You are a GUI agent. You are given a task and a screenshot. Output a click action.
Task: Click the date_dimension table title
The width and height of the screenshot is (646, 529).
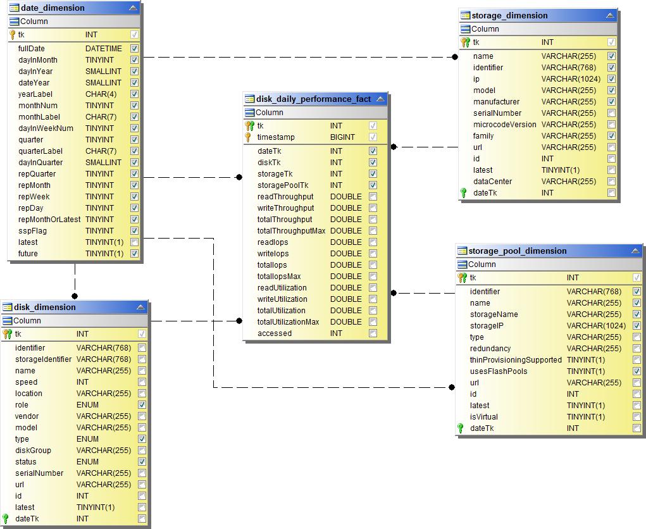[x=53, y=8]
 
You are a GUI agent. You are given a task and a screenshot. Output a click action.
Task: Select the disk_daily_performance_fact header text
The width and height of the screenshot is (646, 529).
[x=313, y=99]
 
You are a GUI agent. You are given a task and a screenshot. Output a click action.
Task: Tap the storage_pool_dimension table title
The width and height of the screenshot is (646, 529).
[x=517, y=251]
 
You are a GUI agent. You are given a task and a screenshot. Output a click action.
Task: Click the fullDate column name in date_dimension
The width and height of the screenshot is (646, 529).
[x=32, y=49]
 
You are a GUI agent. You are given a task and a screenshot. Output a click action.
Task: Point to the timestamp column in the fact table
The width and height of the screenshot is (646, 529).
[x=276, y=137]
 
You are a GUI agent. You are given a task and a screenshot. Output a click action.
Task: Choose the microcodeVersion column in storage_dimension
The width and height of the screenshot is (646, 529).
[x=504, y=125]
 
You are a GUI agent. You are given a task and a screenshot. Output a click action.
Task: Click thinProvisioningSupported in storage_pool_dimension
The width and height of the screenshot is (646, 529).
[x=516, y=360]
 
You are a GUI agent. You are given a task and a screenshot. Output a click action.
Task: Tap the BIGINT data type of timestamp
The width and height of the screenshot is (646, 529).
[x=342, y=137]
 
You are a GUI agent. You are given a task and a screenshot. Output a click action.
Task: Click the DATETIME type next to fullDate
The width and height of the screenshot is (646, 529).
[x=104, y=49]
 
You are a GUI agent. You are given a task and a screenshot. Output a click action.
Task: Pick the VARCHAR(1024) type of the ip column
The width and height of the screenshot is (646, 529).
[x=571, y=79]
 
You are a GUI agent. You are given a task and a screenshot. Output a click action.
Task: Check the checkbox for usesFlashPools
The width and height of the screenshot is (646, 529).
[x=637, y=371]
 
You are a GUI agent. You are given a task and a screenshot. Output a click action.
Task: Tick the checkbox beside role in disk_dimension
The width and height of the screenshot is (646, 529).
[x=142, y=405]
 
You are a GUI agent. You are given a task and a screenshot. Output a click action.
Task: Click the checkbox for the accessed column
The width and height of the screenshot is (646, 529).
[x=373, y=333]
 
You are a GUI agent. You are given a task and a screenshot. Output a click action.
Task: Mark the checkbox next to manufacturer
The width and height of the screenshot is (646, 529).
[x=611, y=102]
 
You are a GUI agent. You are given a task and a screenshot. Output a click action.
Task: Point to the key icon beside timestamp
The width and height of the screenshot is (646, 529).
[x=249, y=137]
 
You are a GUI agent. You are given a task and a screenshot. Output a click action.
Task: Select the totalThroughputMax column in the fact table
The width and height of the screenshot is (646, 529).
[x=291, y=231]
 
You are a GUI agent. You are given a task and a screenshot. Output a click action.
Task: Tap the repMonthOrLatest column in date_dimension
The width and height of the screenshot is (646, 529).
[x=49, y=220]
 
